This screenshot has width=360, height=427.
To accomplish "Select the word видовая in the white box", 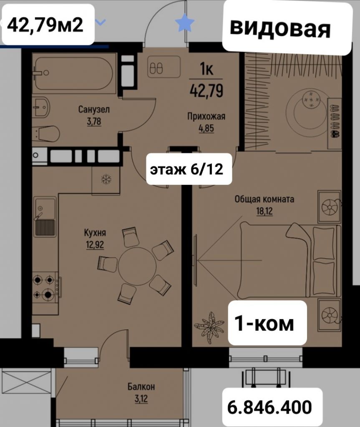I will (280, 28).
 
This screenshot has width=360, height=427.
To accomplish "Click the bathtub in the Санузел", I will (74, 73).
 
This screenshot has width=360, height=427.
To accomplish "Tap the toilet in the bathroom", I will (47, 134).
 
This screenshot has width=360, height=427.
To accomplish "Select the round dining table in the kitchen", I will (137, 266).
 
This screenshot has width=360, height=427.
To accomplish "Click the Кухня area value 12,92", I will (95, 245).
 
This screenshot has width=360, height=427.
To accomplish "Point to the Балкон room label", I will (141, 387).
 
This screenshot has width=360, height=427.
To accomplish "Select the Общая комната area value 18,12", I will (264, 211).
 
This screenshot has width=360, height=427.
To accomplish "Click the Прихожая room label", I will (206, 116).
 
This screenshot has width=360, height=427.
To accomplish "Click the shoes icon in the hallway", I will (158, 68).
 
